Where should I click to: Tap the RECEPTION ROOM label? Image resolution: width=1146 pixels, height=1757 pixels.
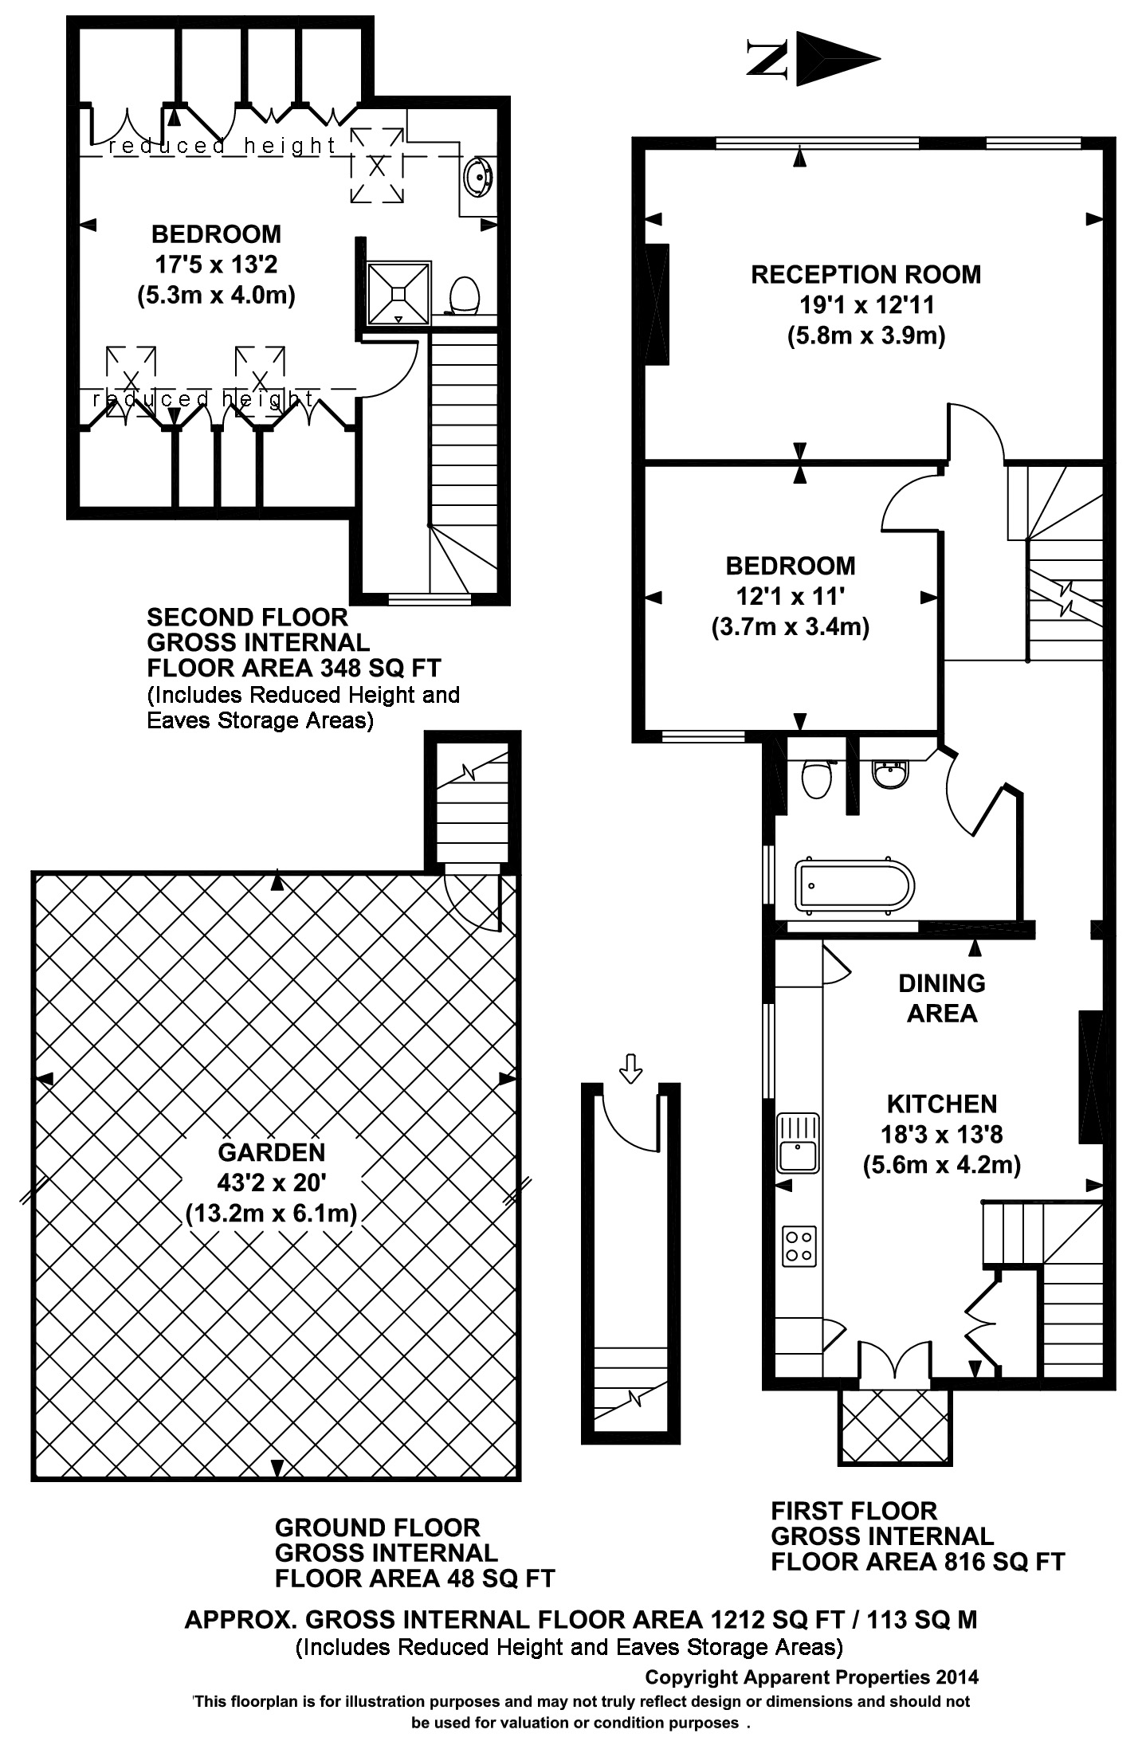coord(865,275)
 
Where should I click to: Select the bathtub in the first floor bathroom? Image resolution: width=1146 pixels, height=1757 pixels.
coord(854,885)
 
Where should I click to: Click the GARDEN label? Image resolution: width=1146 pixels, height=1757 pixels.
coord(272,1152)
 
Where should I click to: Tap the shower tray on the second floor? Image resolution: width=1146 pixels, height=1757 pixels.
coord(398,292)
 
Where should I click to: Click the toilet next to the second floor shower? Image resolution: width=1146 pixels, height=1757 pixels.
coord(464,296)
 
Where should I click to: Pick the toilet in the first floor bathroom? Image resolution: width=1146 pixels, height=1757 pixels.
coord(817,778)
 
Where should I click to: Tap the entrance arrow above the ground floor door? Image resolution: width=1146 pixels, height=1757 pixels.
coord(630,1068)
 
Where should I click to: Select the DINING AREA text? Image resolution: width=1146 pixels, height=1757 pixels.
coord(942,998)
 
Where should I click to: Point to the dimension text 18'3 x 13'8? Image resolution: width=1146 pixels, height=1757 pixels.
coord(942,1134)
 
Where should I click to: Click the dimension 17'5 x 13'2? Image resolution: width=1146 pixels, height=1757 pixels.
coord(216,264)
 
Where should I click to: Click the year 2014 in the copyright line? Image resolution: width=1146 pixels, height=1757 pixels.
coord(956,1677)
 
